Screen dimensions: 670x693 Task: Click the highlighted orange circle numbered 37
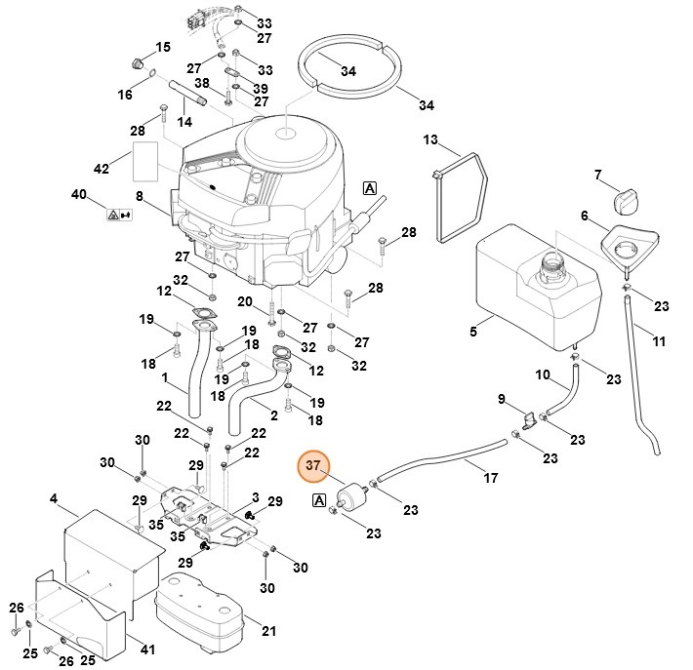[x=314, y=467]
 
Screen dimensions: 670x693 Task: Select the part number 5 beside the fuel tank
[x=473, y=332]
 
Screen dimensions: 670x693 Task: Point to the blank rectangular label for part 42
[x=144, y=160]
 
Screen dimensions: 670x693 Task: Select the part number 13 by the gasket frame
[x=431, y=140]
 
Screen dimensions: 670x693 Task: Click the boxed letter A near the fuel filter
[x=318, y=500]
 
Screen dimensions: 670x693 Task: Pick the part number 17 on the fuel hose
[x=491, y=478]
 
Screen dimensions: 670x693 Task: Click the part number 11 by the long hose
[x=660, y=341]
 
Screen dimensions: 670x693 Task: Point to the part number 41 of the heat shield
[x=147, y=650]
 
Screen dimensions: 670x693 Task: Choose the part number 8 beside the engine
[x=140, y=196]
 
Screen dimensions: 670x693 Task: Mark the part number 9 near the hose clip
[x=502, y=398]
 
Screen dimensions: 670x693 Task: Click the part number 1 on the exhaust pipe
[x=166, y=377]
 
